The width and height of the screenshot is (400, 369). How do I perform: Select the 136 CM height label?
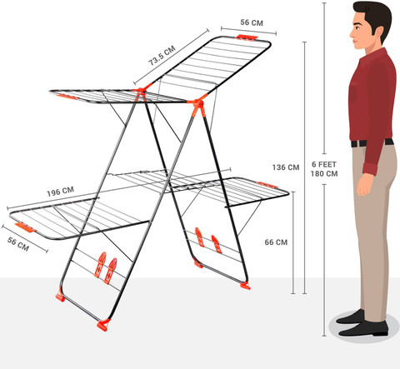coord(285,167)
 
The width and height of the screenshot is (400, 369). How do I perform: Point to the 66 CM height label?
coord(275,242)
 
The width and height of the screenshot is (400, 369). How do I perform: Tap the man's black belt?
coord(371,143)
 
